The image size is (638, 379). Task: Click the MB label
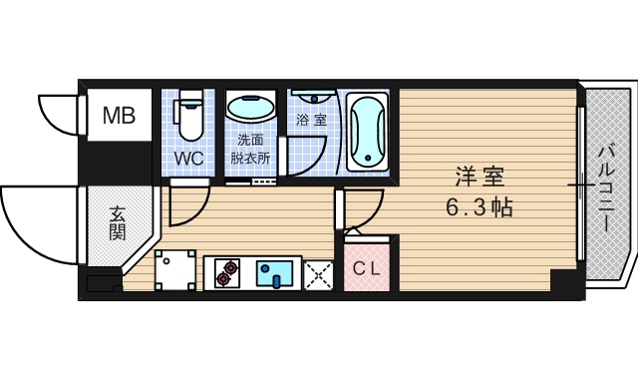pyautogui.click(x=121, y=115)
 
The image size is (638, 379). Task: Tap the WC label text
pyautogui.click(x=189, y=159)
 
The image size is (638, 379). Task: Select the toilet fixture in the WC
pyautogui.click(x=189, y=115)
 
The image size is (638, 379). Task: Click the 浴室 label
pyautogui.click(x=310, y=120)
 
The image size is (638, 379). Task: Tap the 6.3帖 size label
pyautogui.click(x=479, y=209)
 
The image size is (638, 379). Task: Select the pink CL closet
pyautogui.click(x=367, y=268)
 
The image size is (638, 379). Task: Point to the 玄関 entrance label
pyautogui.click(x=118, y=223)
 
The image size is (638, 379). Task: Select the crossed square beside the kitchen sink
pyautogui.click(x=319, y=272)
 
